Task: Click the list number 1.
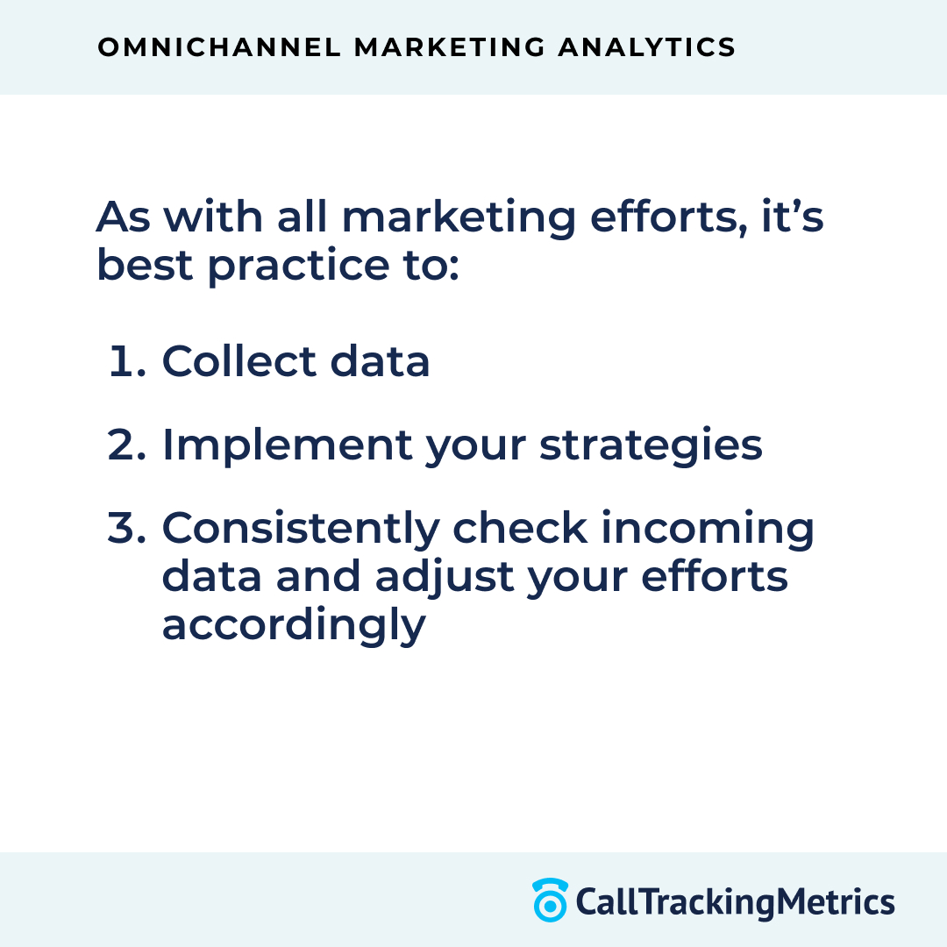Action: [x=126, y=361]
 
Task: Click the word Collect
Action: [x=239, y=361]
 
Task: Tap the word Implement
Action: [x=286, y=445]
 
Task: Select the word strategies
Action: [x=651, y=446]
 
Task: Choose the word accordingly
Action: [x=293, y=626]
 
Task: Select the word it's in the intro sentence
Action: [x=793, y=217]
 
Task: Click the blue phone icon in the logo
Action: [x=550, y=901]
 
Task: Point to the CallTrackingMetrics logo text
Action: [x=735, y=901]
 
